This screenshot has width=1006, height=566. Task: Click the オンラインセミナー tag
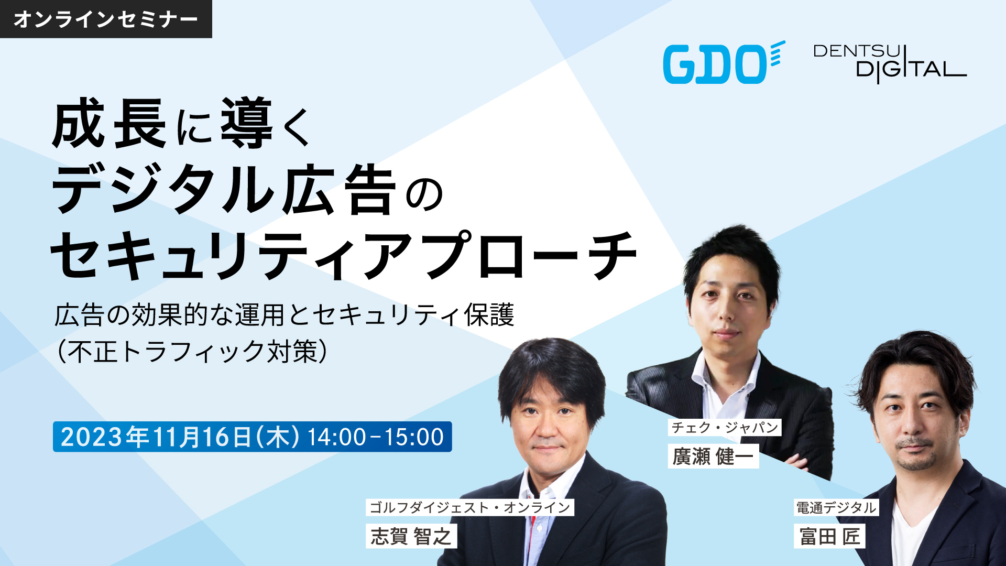(106, 19)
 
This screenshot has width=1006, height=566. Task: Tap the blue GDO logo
(724, 63)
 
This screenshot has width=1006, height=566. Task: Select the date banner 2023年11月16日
(252, 437)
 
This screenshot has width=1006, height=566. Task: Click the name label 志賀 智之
(411, 536)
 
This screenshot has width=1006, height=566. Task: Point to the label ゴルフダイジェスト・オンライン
(470, 507)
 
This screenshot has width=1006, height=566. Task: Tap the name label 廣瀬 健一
(713, 456)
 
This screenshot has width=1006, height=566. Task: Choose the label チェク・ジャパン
(725, 427)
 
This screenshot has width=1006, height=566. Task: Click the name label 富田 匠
(829, 536)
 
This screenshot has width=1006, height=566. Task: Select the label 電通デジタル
(836, 507)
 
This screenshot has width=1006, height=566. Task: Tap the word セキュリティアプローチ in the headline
(344, 255)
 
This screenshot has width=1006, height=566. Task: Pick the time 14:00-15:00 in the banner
(376, 437)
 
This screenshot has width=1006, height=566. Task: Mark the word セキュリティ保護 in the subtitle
(414, 315)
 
